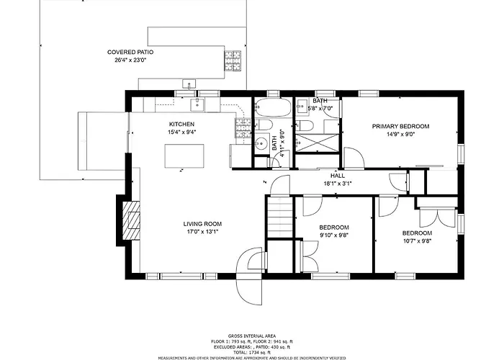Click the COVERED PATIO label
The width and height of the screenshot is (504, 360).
[x=130, y=52]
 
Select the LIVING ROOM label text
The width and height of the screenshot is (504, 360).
[x=202, y=224]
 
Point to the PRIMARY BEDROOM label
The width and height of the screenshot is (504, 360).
[x=400, y=126]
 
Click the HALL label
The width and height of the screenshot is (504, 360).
[x=338, y=176]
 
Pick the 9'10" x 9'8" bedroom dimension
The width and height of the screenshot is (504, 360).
[x=334, y=235]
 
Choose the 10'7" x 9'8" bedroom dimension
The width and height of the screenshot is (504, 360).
[x=417, y=240]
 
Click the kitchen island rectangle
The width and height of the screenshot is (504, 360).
[x=184, y=156]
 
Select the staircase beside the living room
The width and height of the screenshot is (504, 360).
[x=280, y=218]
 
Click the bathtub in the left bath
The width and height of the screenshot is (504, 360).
[x=273, y=107]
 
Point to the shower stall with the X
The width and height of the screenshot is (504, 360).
[x=317, y=143]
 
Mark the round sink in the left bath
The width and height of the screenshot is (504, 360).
[x=262, y=142]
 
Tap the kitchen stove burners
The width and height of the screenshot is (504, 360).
[x=243, y=128]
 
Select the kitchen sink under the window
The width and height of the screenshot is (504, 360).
[x=197, y=105]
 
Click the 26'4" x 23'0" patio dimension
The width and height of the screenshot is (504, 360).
[x=130, y=60]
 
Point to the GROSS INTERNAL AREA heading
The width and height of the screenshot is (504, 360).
[x=252, y=336]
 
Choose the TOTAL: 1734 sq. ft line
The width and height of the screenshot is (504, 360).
[x=252, y=353]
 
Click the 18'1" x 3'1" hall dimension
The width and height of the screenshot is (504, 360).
[x=338, y=184]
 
